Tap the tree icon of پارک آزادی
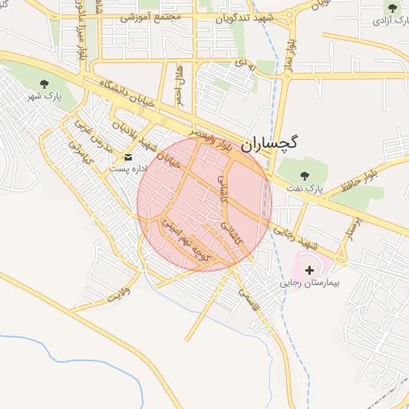(x=391, y=9)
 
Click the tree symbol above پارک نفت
(x=303, y=175)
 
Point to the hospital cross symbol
(x=310, y=270)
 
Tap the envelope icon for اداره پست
(x=128, y=157)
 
